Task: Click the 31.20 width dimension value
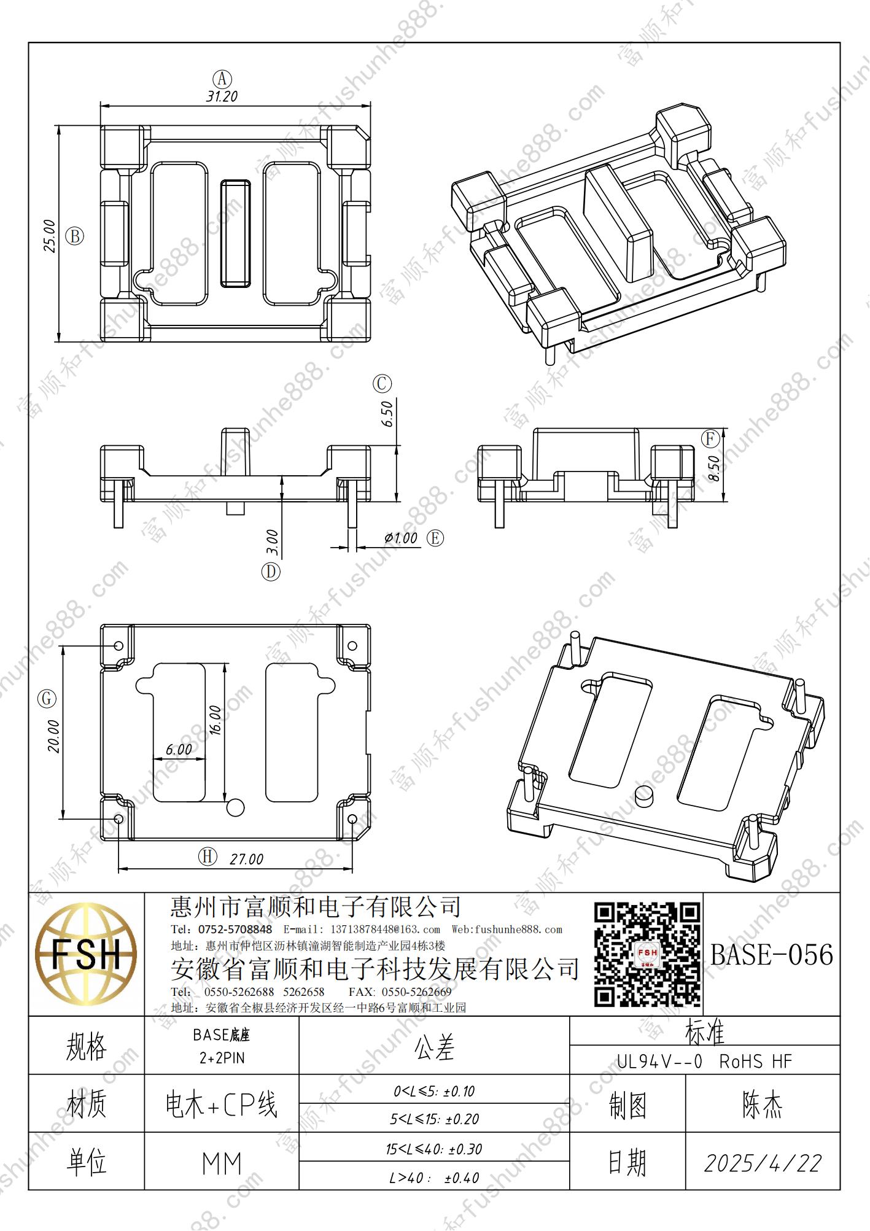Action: [x=222, y=96]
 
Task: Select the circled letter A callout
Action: [x=222, y=79]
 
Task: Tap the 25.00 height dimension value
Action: [x=49, y=236]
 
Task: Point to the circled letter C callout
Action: [x=382, y=384]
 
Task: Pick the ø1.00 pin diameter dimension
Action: [x=401, y=538]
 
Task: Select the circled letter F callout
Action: [x=710, y=438]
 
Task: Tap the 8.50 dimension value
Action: [x=713, y=468]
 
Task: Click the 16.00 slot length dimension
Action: [x=215, y=720]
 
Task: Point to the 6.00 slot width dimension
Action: [x=179, y=750]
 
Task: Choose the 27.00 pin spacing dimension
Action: [x=246, y=860]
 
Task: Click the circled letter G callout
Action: [x=47, y=699]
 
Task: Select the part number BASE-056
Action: [x=772, y=955]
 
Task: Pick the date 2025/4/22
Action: [x=763, y=1163]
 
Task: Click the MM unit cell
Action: [x=222, y=1164]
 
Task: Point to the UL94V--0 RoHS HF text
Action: [x=705, y=1061]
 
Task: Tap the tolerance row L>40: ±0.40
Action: [x=434, y=1178]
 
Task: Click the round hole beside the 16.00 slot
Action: [x=235, y=807]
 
